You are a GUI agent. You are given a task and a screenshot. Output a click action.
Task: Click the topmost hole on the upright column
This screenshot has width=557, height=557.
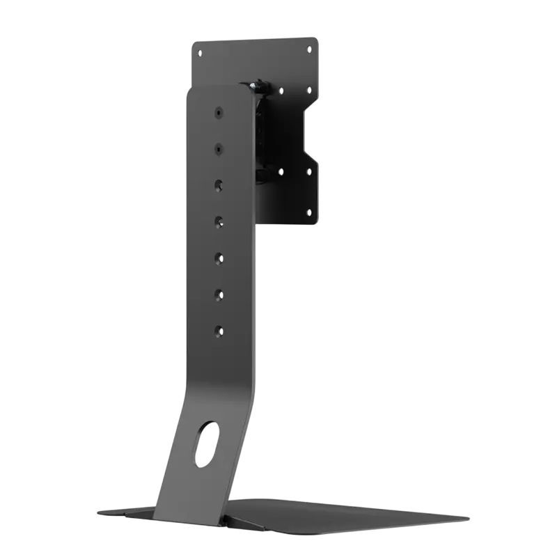click(219, 112)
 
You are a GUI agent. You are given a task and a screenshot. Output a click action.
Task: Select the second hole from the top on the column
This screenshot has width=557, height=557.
click(219, 148)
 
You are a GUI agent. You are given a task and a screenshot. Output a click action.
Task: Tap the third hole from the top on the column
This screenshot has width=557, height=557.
click(219, 185)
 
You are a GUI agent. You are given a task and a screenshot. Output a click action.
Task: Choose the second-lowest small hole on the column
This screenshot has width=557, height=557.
click(219, 295)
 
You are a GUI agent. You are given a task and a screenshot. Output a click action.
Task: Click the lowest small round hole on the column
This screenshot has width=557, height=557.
click(219, 331)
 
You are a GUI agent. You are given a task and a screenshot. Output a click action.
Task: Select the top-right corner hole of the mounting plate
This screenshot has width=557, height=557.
click(308, 49)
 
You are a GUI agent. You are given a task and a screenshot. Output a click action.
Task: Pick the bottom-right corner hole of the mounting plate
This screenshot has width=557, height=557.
click(308, 210)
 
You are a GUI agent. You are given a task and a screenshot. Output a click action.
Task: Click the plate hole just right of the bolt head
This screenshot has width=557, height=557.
click(281, 91)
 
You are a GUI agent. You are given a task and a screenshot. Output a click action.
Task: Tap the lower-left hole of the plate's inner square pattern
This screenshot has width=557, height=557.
click(281, 171)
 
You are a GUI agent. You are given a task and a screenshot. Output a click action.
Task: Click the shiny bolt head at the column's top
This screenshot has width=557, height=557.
click(256, 85)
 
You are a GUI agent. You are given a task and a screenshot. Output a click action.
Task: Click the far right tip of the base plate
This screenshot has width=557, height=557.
click(467, 518)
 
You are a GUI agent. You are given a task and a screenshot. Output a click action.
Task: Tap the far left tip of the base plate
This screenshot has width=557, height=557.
click(99, 513)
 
